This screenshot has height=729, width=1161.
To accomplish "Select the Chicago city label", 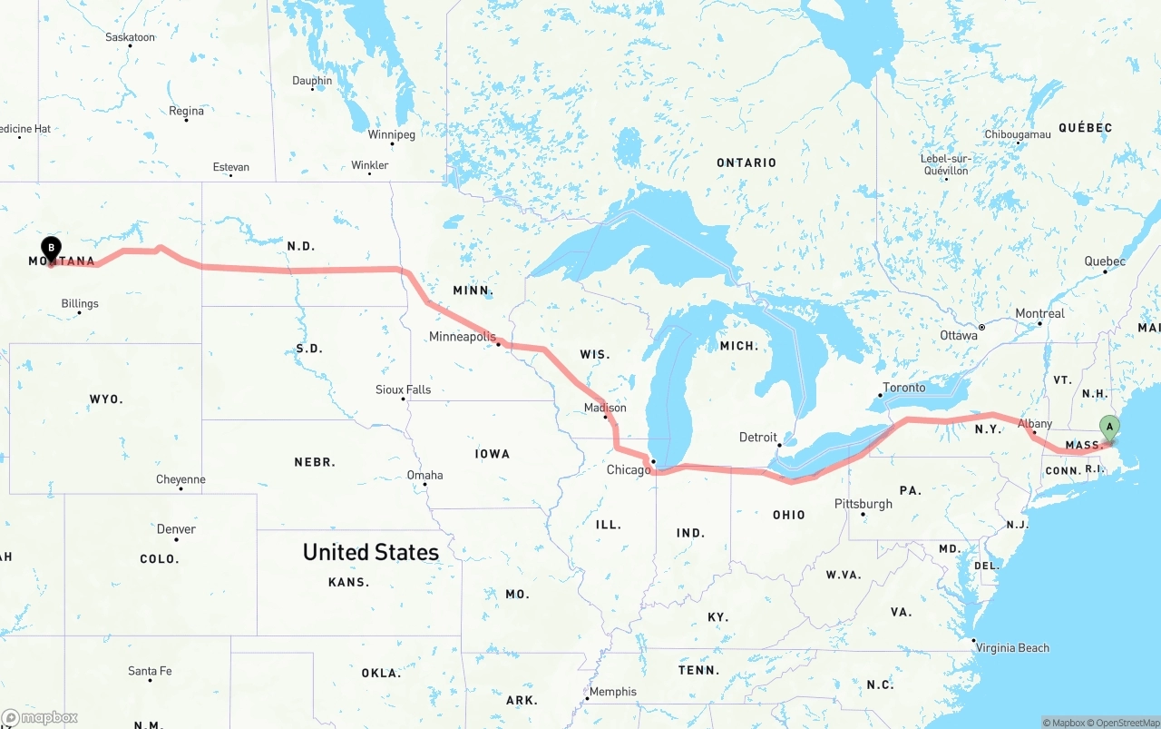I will click(x=629, y=469).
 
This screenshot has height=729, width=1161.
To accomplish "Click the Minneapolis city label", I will click(x=463, y=337).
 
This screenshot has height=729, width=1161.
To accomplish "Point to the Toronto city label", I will click(x=904, y=388).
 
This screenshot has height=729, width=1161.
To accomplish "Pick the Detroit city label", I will click(x=757, y=438).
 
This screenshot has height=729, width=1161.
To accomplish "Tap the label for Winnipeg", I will click(x=391, y=135).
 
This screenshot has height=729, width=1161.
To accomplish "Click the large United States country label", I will click(x=370, y=552).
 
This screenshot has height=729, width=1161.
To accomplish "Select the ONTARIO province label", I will click(x=746, y=163).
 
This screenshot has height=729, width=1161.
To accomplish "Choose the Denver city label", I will click(x=176, y=529).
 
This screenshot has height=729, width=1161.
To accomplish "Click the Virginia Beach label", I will click(x=1011, y=648).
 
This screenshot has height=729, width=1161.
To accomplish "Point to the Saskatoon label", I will click(x=130, y=37).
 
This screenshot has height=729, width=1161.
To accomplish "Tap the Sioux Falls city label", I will click(x=403, y=389).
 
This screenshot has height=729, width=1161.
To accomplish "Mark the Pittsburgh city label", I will click(x=863, y=504).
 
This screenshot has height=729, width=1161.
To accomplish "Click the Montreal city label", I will click(x=1039, y=313).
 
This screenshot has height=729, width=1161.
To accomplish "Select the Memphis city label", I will click(x=612, y=692).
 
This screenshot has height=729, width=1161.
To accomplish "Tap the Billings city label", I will click(x=79, y=304).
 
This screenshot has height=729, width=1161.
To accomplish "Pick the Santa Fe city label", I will click(x=150, y=671).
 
